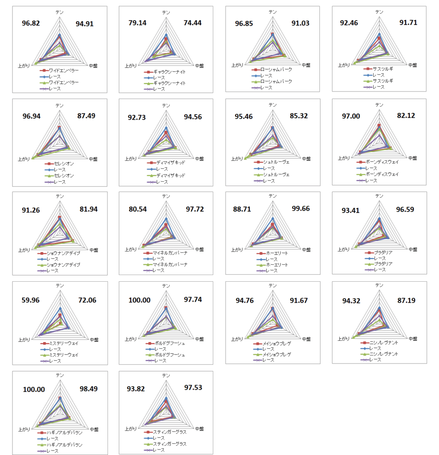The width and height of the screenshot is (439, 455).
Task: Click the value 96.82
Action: (x=31, y=24)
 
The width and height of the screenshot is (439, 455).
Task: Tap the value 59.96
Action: (x=31, y=300)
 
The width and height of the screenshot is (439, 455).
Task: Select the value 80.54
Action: (x=137, y=209)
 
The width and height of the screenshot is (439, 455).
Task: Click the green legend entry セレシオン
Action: (x=61, y=176)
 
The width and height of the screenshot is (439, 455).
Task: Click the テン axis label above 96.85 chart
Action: (x=272, y=12)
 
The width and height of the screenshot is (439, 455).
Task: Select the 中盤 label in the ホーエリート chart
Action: (x=306, y=250)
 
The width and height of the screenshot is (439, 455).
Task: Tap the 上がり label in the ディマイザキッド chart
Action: (x=130, y=159)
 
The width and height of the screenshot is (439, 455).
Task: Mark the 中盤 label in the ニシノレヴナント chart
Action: (x=412, y=339)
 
